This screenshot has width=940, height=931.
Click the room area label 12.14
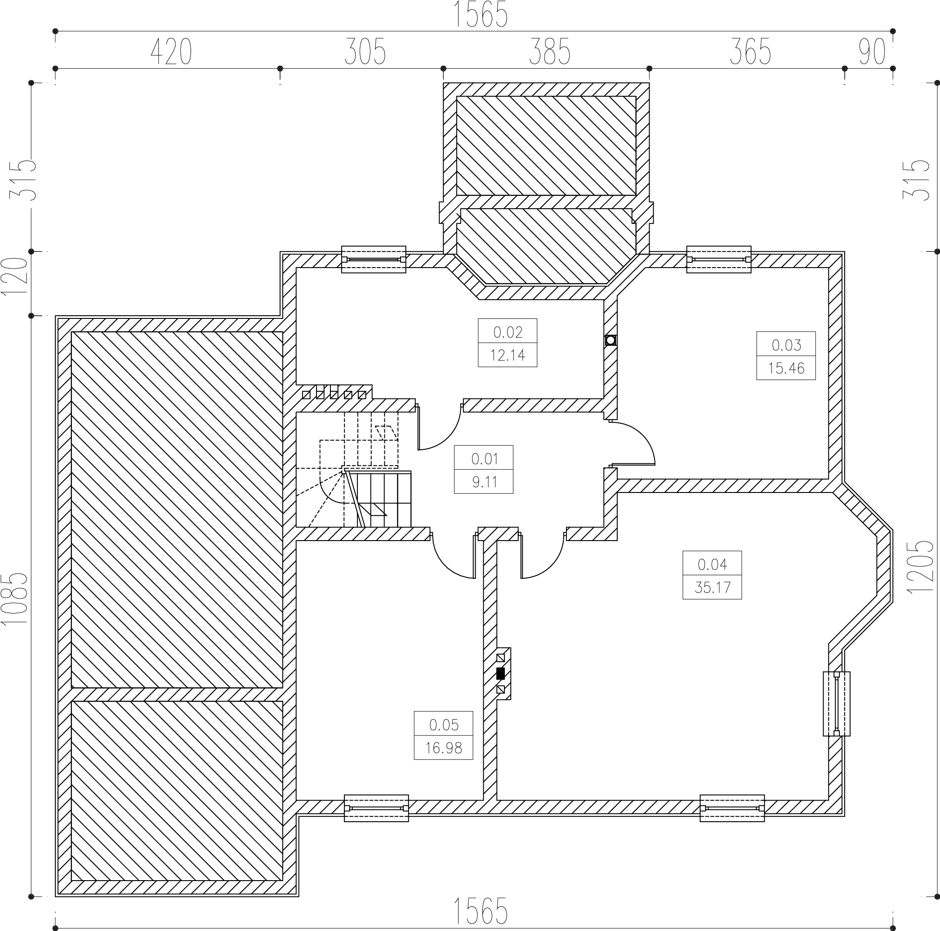pyautogui.click(x=508, y=355)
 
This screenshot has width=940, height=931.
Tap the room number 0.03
pyautogui.click(x=786, y=345)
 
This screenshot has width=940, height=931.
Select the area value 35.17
pyautogui.click(x=712, y=587)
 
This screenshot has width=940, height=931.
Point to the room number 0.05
pyautogui.click(x=444, y=725)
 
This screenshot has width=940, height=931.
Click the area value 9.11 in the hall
pyautogui.click(x=484, y=482)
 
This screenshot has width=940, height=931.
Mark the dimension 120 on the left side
pyautogui.click(x=15, y=276)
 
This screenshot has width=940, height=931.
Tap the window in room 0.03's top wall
pyautogui.click(x=719, y=260)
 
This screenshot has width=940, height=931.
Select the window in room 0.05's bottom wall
pyautogui.click(x=376, y=808)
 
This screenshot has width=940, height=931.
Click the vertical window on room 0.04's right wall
pyautogui.click(x=836, y=704)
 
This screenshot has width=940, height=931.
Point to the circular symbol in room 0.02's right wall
pyautogui.click(x=610, y=340)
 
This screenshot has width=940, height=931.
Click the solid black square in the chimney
pyautogui.click(x=500, y=674)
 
